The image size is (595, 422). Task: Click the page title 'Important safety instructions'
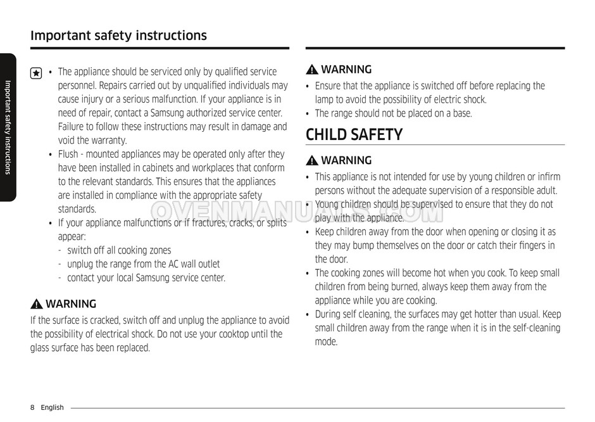coord(118,35)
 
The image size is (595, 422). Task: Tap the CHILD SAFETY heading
coord(354,134)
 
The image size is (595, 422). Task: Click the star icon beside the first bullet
coord(36,74)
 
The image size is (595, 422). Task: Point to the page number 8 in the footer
coord(32,407)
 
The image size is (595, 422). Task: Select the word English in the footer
coord(53,407)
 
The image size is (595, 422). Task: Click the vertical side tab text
coord(8,127)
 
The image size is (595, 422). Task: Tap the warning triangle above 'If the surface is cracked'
coord(37,304)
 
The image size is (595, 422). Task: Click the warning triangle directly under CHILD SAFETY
coord(311,161)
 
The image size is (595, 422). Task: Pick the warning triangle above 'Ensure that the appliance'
coord(311,70)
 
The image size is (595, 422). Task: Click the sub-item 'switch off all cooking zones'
coord(119,250)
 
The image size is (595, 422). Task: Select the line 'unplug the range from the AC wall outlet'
coord(144,264)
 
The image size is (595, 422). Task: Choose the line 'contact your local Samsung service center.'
coord(146,278)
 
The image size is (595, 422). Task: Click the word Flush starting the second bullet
coord(68,154)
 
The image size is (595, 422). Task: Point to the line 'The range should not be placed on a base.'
coord(393,113)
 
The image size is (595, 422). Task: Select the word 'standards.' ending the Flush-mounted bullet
coord(77,209)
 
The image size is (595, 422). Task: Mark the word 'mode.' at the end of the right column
coord(327,342)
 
